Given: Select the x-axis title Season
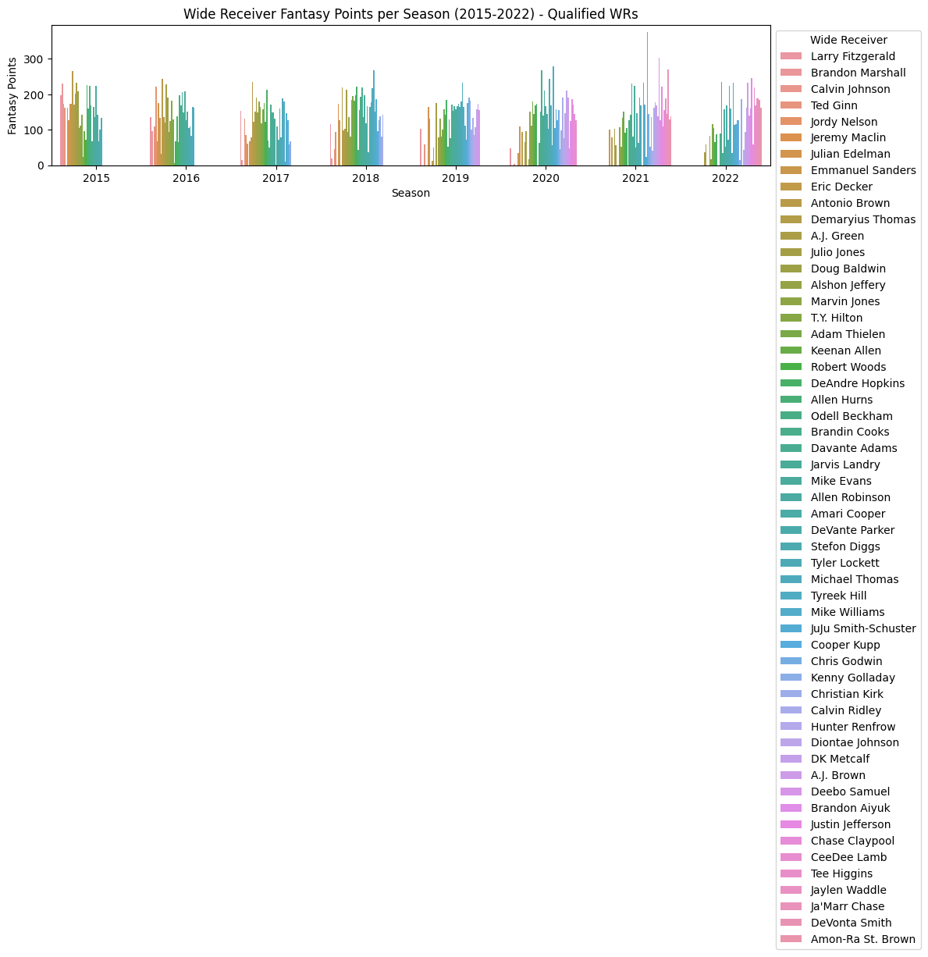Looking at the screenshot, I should pyautogui.click(x=411, y=193).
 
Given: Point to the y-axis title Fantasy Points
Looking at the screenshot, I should pyautogui.click(x=12, y=95).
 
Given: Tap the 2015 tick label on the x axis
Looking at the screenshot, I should pyautogui.click(x=96, y=178).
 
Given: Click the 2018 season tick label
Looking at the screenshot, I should pyautogui.click(x=365, y=178).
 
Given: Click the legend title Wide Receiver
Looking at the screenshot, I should pyautogui.click(x=848, y=40).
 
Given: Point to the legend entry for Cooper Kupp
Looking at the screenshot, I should pyautogui.click(x=844, y=645).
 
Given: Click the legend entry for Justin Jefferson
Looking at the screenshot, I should pyautogui.click(x=850, y=824).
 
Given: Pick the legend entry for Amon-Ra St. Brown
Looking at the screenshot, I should pyautogui.click(x=862, y=939).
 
